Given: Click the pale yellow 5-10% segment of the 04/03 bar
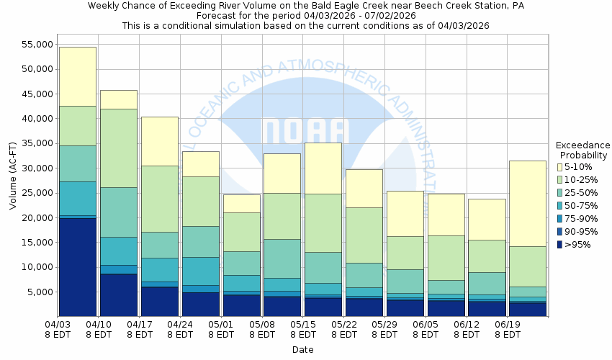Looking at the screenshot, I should [77, 76].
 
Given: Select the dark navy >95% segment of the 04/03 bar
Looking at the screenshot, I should [77, 266].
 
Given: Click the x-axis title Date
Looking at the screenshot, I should [302, 350].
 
